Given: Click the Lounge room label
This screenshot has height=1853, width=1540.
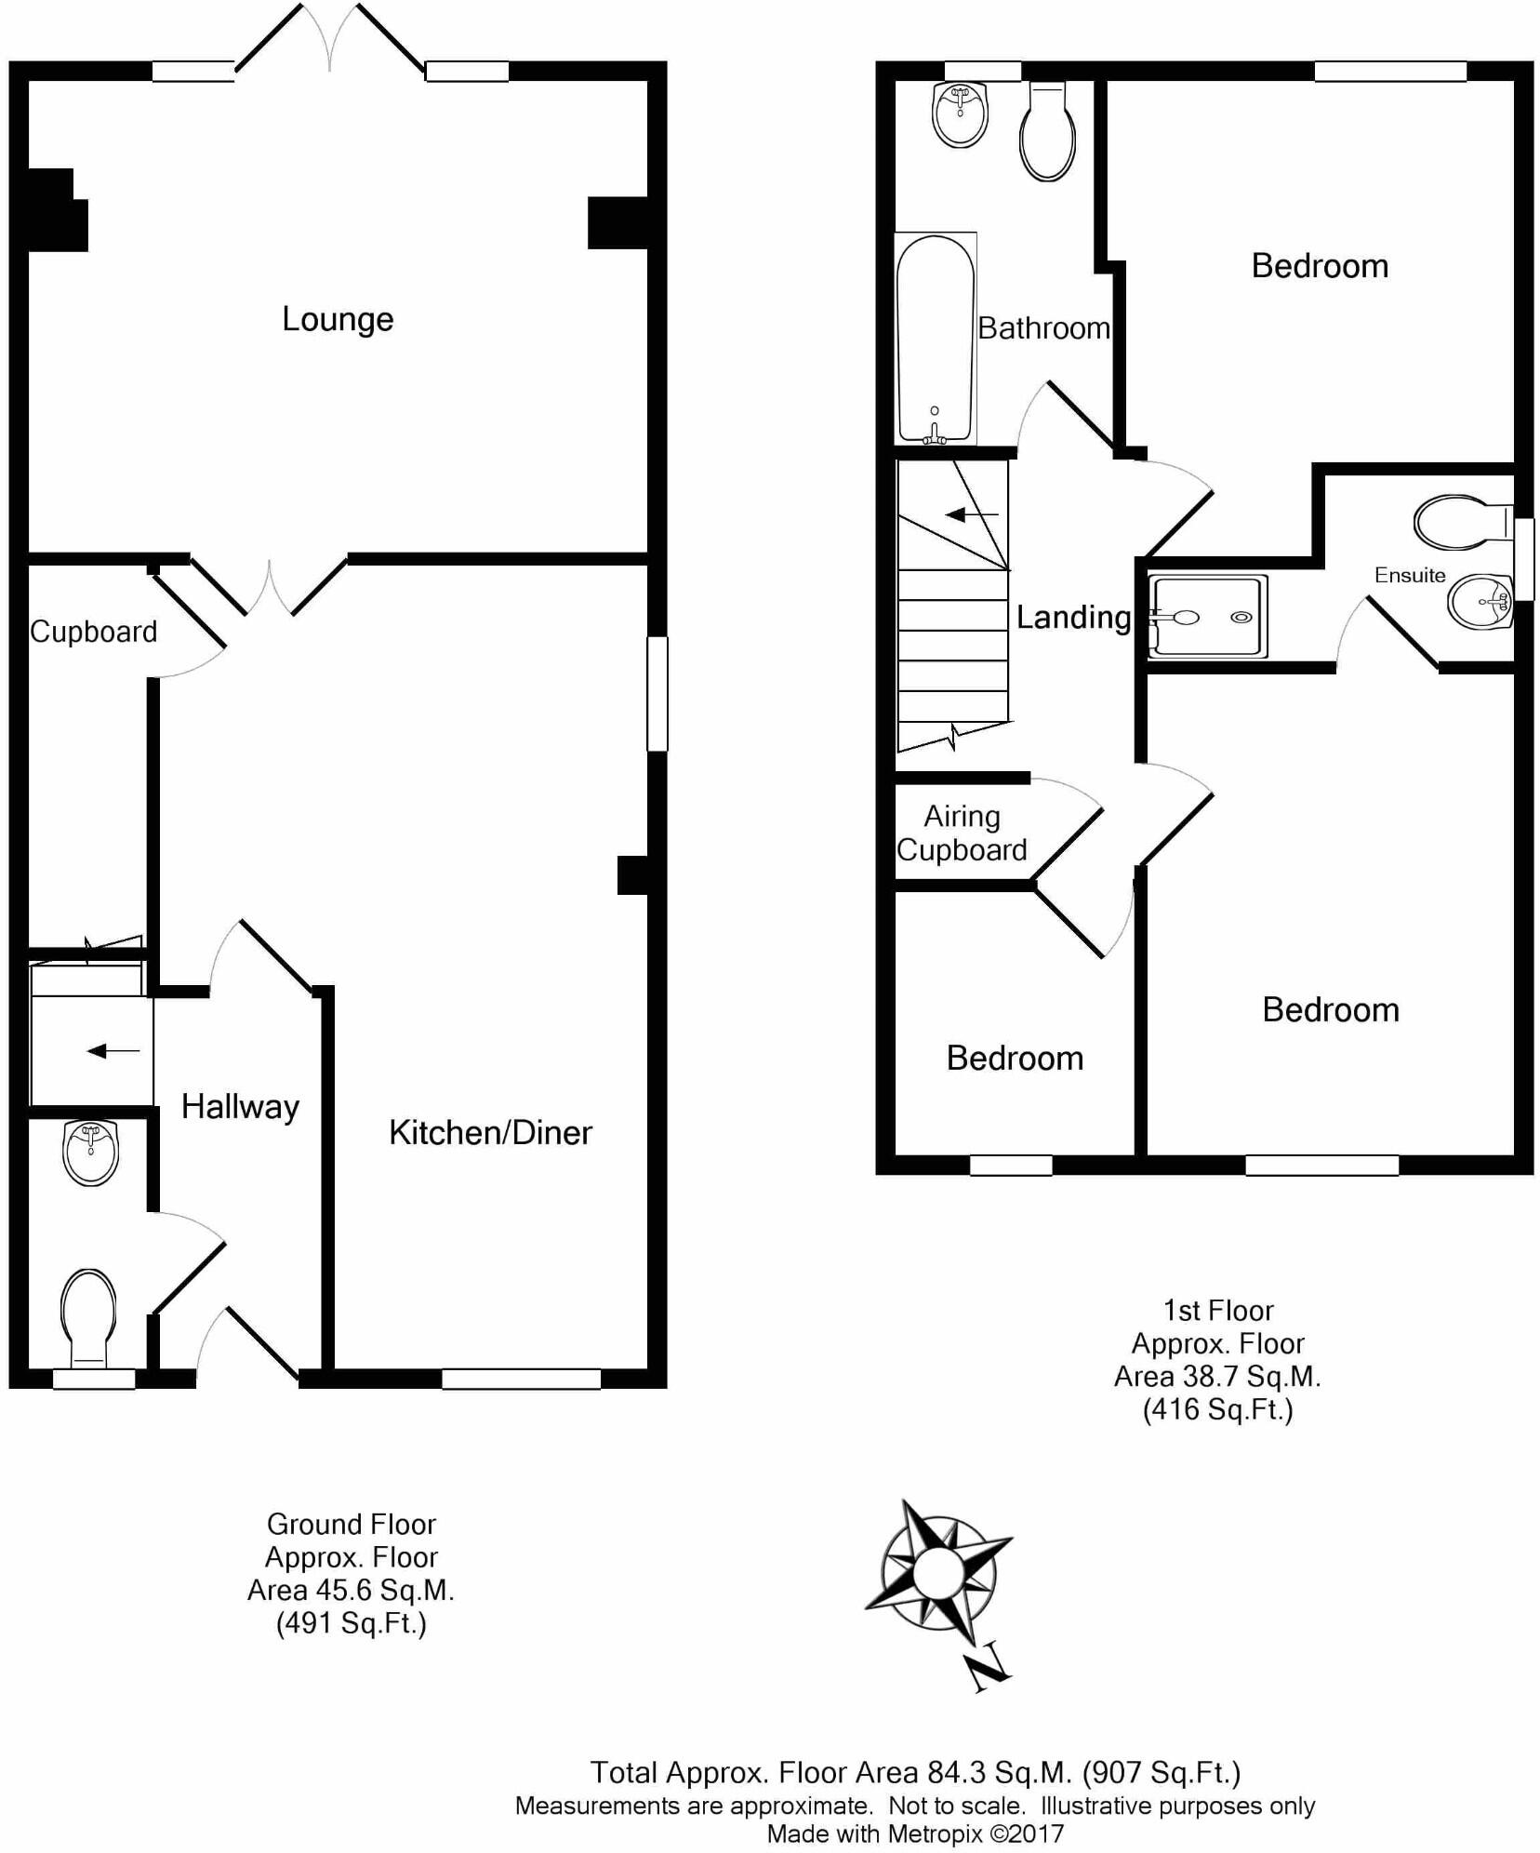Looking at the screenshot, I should (x=338, y=320).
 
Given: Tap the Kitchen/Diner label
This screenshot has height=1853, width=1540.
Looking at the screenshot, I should (x=490, y=1132).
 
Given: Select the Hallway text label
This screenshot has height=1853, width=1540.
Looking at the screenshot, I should (x=240, y=1106).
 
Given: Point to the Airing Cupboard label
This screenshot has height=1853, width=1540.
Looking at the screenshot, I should (x=962, y=833).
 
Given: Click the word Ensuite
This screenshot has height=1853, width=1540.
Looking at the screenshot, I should (x=1410, y=575).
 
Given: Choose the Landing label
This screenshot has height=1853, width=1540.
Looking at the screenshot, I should (x=1073, y=617).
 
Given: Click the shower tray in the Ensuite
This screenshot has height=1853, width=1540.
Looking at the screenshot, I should (x=1207, y=615).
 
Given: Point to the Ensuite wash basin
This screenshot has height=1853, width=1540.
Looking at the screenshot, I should (x=1479, y=602).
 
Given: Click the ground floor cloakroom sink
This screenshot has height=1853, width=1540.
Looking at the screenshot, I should (x=91, y=1153).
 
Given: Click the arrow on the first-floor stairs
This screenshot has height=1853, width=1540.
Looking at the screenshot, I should (x=972, y=514).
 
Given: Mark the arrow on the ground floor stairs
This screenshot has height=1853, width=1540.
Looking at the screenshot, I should (x=113, y=1051).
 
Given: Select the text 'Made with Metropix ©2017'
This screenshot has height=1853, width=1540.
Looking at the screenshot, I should (x=914, y=1833).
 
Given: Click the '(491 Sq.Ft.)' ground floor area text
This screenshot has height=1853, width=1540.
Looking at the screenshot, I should (x=351, y=1623).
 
